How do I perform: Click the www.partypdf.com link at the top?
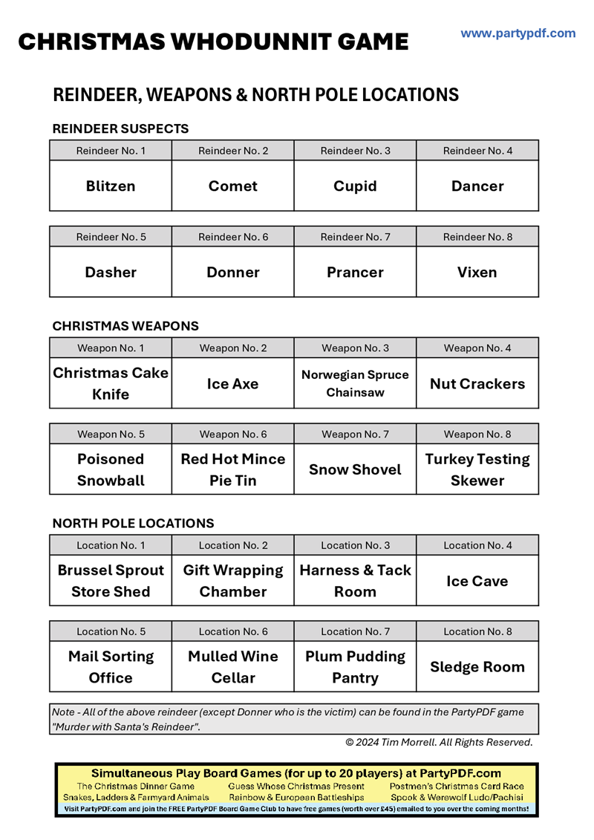[518, 33]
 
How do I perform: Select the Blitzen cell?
[111, 186]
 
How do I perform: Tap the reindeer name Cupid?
[355, 186]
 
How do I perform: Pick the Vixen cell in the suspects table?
[477, 273]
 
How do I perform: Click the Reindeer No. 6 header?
[233, 237]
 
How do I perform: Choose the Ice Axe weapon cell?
[233, 384]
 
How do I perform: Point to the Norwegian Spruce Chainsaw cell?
[355, 384]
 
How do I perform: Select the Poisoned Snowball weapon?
[111, 469]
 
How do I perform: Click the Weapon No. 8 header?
[477, 434]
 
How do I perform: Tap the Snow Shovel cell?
[355, 469]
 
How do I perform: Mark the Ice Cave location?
[477, 581]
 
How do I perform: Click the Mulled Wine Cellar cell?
[233, 667]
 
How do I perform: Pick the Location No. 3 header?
[355, 545]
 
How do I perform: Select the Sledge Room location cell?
[477, 667]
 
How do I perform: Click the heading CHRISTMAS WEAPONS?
[125, 326]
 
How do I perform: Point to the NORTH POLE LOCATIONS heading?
[133, 523]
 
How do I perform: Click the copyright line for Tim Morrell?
[439, 742]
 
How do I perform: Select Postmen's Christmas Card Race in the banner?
[456, 786]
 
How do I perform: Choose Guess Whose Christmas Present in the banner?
[296, 786]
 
